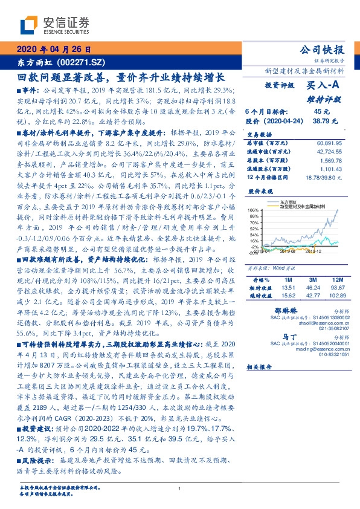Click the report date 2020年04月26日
click(x=53, y=49)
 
